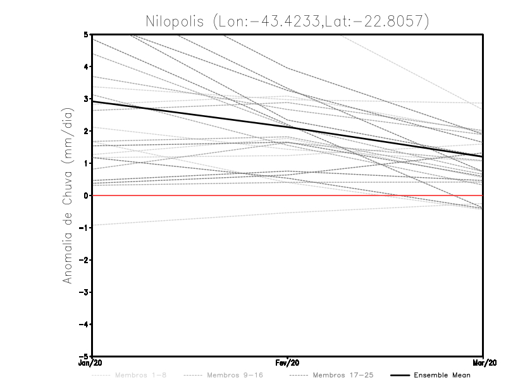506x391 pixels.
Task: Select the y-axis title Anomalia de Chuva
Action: [67, 195]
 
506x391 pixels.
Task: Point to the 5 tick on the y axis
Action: [86, 34]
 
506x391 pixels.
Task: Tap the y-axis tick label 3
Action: [86, 99]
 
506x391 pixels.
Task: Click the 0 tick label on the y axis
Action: [86, 195]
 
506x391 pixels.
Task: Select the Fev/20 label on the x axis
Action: [288, 363]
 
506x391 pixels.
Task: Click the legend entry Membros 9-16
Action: [225, 375]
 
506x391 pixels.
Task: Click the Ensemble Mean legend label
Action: [441, 375]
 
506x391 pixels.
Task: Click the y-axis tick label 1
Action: [86, 163]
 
